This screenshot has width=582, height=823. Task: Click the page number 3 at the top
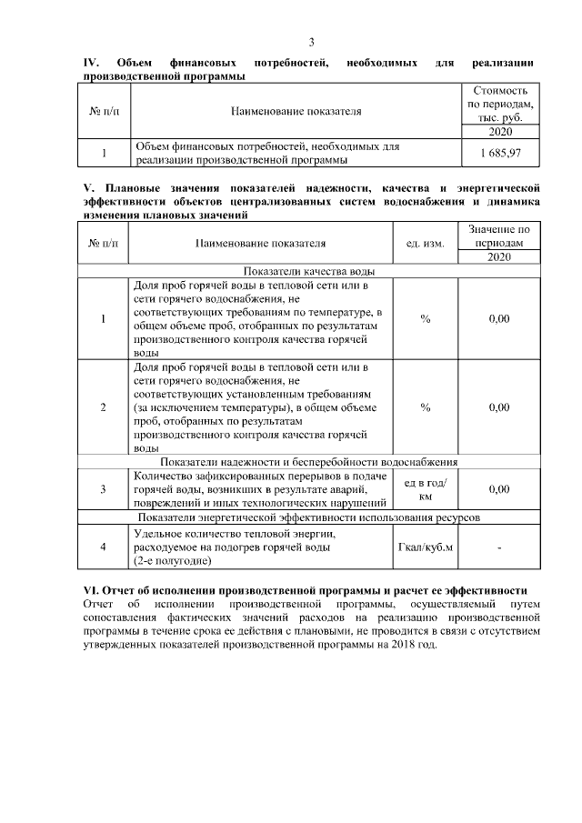coord(311,43)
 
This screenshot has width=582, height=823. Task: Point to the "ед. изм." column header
coord(425,244)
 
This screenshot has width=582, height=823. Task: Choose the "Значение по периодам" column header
coord(499,237)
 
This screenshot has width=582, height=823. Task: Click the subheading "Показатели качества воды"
coord(308,270)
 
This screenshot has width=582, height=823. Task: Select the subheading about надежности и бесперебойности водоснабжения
coord(308,461)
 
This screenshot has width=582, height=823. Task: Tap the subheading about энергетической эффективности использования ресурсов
coord(308,517)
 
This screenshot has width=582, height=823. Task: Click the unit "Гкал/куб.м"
coord(425,547)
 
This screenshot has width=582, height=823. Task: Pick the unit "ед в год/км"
coord(425,489)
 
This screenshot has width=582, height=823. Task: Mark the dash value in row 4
coord(499,547)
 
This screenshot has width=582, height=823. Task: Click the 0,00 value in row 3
coord(499,489)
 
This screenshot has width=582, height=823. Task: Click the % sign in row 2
coord(425,407)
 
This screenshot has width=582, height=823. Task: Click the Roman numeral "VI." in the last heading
coord(92,590)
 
